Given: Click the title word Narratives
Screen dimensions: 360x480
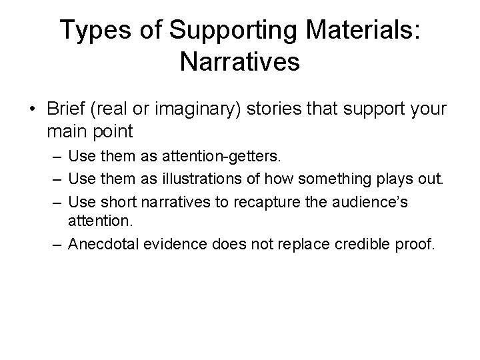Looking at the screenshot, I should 240,63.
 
